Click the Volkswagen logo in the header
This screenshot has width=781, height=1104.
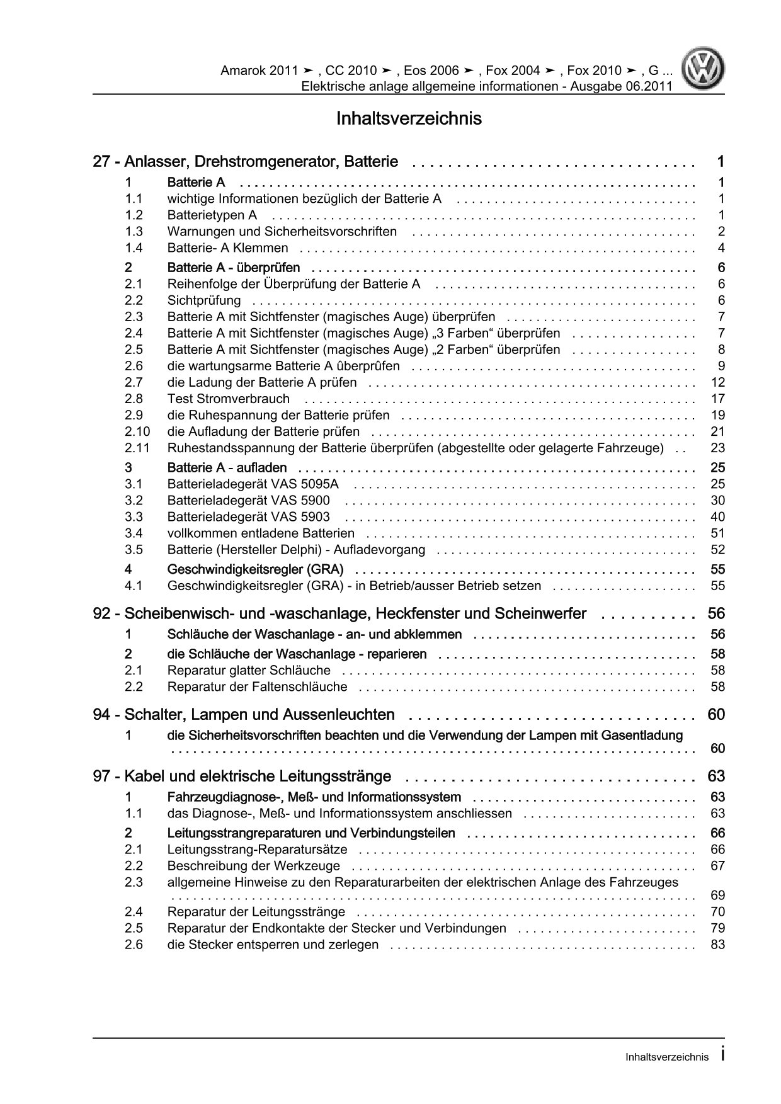click(x=705, y=70)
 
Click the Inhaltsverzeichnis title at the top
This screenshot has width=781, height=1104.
click(x=409, y=118)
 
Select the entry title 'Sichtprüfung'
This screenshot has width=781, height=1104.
click(x=203, y=300)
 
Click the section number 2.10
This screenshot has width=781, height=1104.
click(x=137, y=431)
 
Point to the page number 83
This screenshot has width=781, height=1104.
click(x=717, y=945)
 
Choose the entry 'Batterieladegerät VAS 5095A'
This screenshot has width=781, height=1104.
click(x=253, y=484)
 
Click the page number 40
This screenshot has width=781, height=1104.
click(x=717, y=516)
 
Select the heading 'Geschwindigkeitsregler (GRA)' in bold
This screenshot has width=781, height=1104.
click(x=255, y=569)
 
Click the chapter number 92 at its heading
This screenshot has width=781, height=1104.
click(x=101, y=613)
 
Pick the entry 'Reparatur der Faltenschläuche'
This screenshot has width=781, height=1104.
click(x=257, y=686)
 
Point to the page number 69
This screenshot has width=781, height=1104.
click(x=717, y=896)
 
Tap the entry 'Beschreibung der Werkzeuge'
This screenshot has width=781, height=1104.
click(x=253, y=866)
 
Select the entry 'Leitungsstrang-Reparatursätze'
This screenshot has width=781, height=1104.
click(x=262, y=850)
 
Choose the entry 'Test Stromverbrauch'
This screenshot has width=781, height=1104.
click(x=228, y=399)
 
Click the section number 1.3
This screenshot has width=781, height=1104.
click(x=134, y=231)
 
